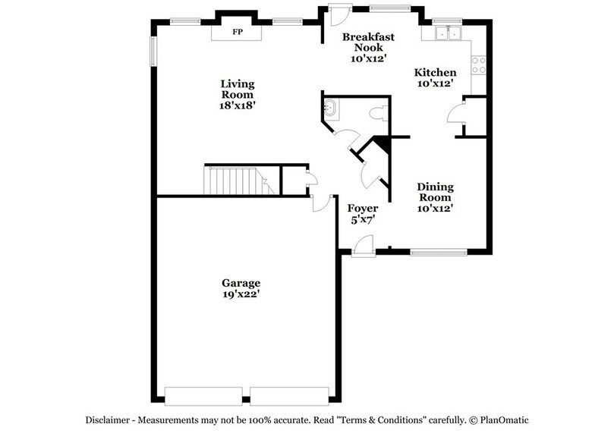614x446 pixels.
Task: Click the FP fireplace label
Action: (x=237, y=33)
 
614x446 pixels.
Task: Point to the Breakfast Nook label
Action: (x=368, y=42)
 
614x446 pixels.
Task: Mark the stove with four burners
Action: (x=479, y=65)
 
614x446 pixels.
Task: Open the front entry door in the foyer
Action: (x=363, y=244)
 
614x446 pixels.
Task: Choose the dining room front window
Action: (x=439, y=250)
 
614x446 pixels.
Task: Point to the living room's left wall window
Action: (x=153, y=52)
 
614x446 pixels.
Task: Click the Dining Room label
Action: (x=435, y=192)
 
